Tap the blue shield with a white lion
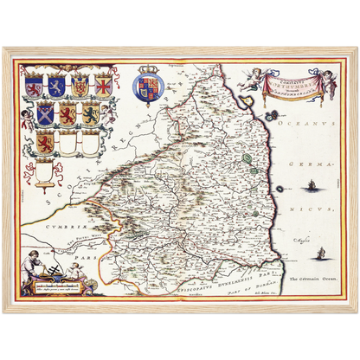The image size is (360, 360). [56, 87]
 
